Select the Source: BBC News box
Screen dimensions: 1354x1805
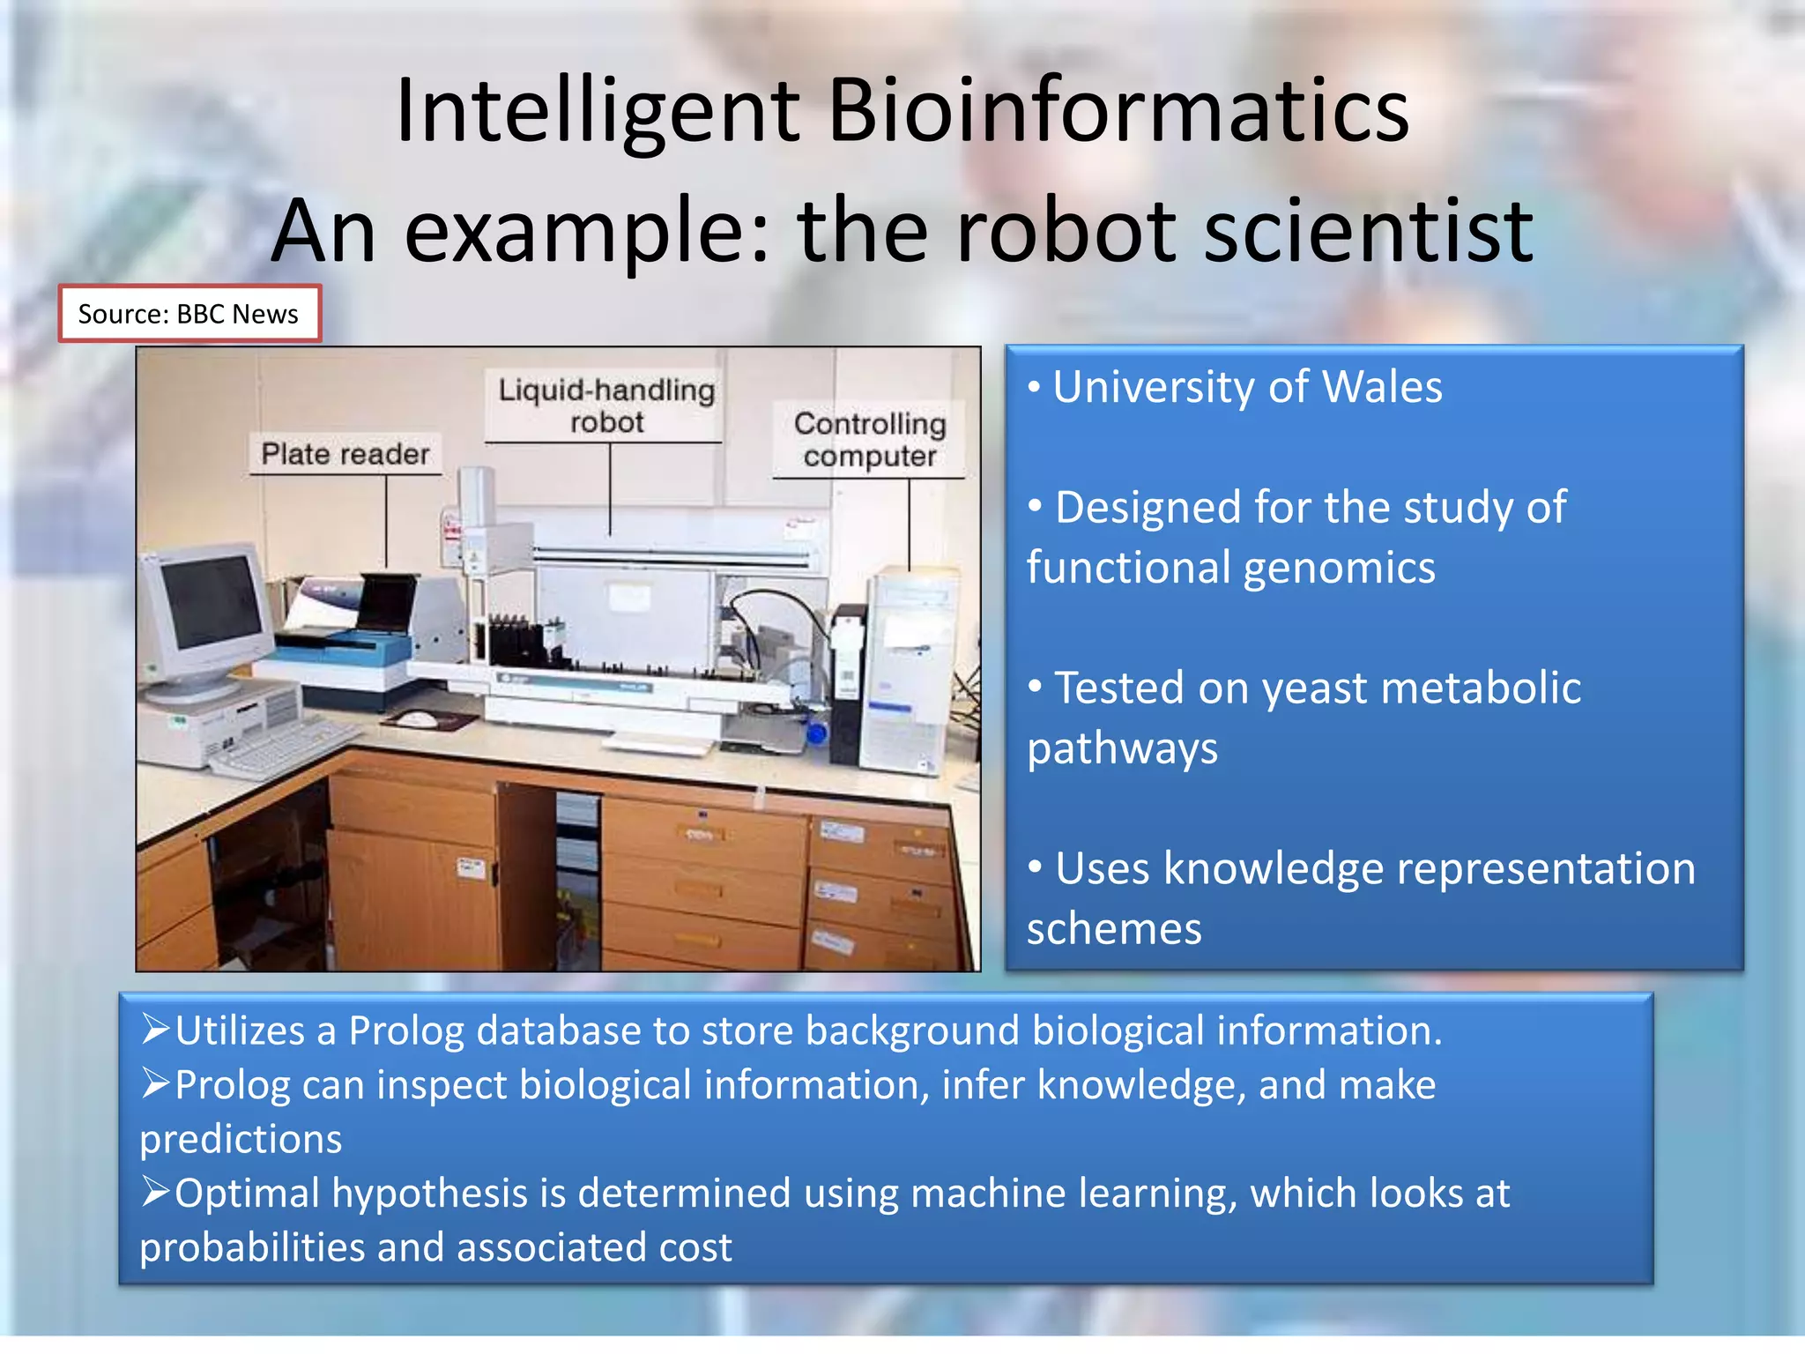click(189, 314)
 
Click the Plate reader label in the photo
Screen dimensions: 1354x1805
click(345, 454)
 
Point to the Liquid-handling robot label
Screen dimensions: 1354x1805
click(606, 405)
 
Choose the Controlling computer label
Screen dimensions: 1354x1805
click(869, 439)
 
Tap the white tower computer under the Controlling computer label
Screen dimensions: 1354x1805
click(908, 670)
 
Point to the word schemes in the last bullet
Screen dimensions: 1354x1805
click(1114, 929)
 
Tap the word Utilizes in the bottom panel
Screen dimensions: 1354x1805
click(240, 1030)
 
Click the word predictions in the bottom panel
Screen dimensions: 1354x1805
click(241, 1139)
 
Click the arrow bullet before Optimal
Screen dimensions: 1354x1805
click(155, 1192)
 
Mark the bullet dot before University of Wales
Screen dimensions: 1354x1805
click(1035, 387)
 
